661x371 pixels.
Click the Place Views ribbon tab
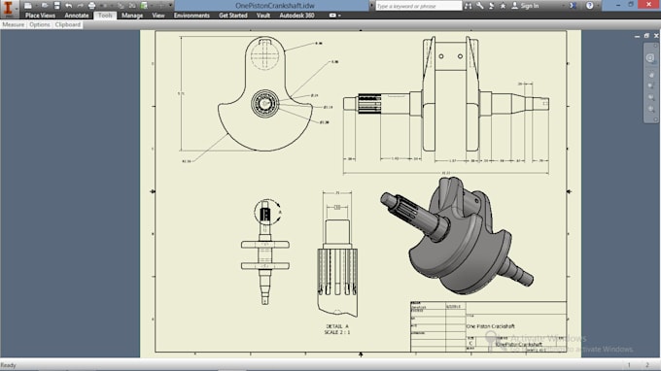[x=40, y=16]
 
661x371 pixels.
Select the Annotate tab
[x=76, y=16]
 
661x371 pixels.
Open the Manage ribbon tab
[x=132, y=16]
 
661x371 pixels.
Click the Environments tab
[x=191, y=16]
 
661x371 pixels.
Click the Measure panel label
[x=14, y=24]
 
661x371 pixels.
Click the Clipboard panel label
[x=68, y=24]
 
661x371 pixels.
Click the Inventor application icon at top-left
[x=9, y=9]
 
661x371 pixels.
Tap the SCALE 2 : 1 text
[x=339, y=333]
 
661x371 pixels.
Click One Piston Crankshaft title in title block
[x=491, y=326]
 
